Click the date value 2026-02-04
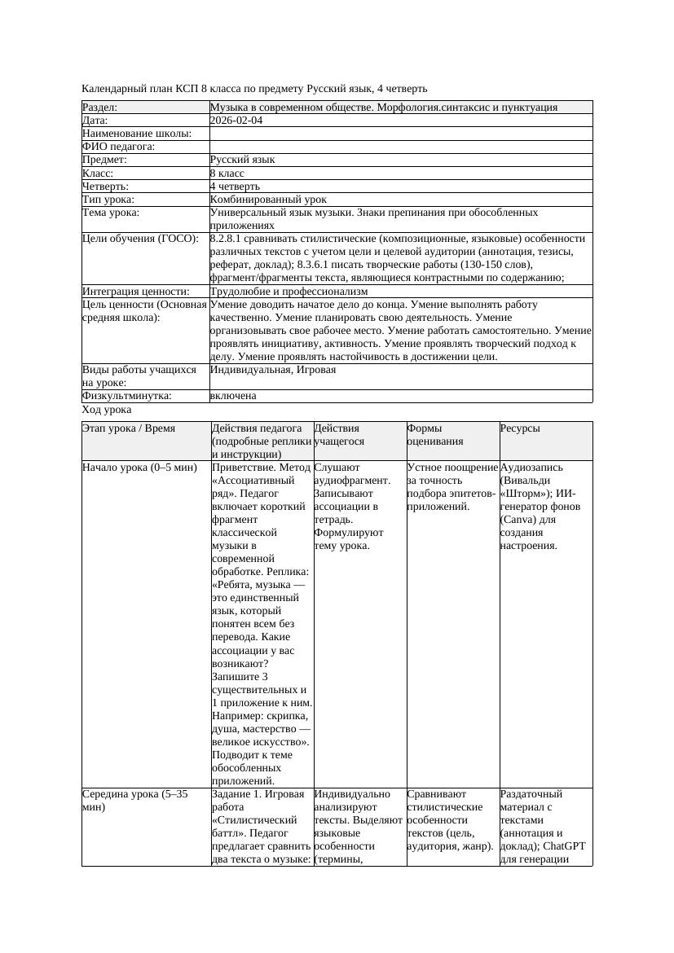(x=236, y=120)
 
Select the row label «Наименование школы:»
(x=137, y=133)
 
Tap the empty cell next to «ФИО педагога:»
(x=400, y=147)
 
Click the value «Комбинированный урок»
(x=268, y=199)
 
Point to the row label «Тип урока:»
(x=108, y=199)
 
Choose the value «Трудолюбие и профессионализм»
(x=289, y=291)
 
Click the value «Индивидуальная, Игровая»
(x=273, y=370)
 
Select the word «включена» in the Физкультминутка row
(x=233, y=396)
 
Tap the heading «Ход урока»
(x=107, y=410)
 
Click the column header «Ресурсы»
(x=520, y=428)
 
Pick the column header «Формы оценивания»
(x=435, y=434)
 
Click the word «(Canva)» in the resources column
(x=517, y=520)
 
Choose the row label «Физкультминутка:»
(x=126, y=396)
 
